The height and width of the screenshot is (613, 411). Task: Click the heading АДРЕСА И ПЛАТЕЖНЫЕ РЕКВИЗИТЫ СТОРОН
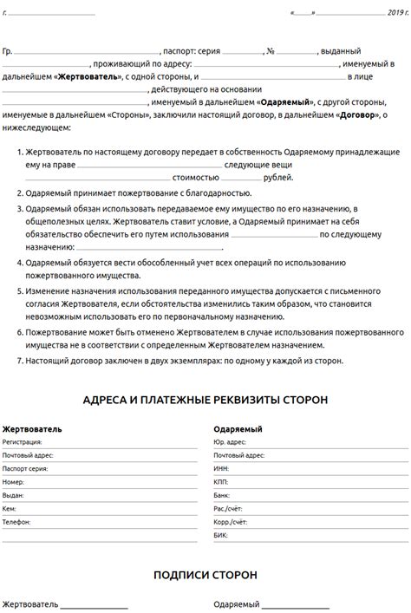click(x=205, y=400)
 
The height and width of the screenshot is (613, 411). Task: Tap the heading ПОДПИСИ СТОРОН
click(x=205, y=574)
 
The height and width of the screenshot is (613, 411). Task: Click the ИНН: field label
click(x=220, y=466)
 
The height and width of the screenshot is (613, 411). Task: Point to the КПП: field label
click(x=220, y=480)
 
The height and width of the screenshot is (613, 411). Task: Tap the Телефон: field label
click(x=16, y=522)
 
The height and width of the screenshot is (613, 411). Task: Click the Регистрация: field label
click(x=23, y=441)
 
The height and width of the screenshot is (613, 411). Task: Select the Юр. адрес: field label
click(x=230, y=441)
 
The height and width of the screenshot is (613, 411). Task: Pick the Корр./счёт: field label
click(x=230, y=522)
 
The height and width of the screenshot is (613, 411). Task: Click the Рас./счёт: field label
click(x=228, y=508)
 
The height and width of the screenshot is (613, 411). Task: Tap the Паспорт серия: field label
click(x=26, y=466)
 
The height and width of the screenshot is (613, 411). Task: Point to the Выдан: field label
click(x=14, y=494)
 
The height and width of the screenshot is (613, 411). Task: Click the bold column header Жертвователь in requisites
click(x=32, y=428)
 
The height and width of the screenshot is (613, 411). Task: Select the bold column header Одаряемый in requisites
click(x=238, y=428)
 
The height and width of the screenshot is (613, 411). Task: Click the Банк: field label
click(x=221, y=494)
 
